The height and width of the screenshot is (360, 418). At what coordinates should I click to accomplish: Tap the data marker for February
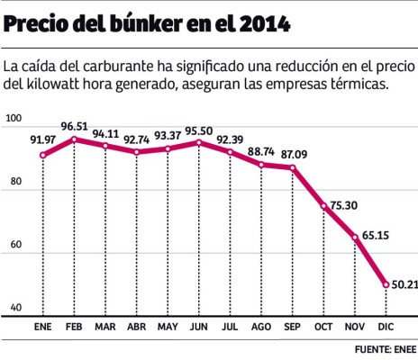pyautogui.click(x=74, y=139)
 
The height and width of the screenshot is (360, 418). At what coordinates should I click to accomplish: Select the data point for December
pyautogui.click(x=386, y=284)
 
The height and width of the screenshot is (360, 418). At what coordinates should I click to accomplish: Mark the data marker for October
pyautogui.click(x=323, y=206)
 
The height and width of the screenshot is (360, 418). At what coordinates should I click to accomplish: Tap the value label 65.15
pyautogui.click(x=370, y=226)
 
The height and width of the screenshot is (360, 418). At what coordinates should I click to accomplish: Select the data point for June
pyautogui.click(x=199, y=142)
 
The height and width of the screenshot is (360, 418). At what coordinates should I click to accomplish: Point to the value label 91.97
pyautogui.click(x=41, y=139)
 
